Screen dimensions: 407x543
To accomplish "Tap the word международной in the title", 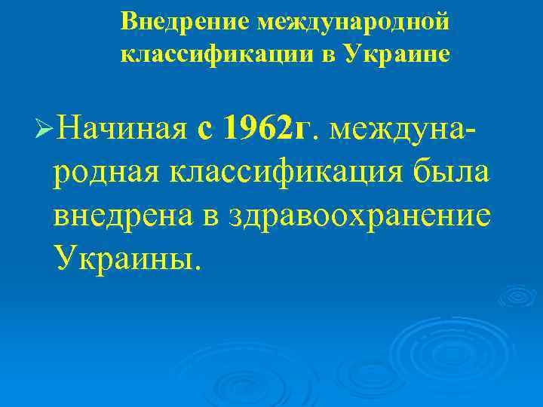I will click(353, 21).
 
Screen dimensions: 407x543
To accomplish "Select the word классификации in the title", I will click(207, 54).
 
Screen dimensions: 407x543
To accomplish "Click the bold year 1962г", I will click(268, 128).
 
